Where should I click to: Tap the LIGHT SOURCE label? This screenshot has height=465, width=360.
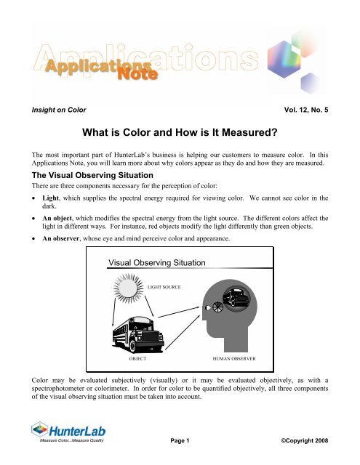[x=164, y=288]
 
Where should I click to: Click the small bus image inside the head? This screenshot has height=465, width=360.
[x=239, y=296]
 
